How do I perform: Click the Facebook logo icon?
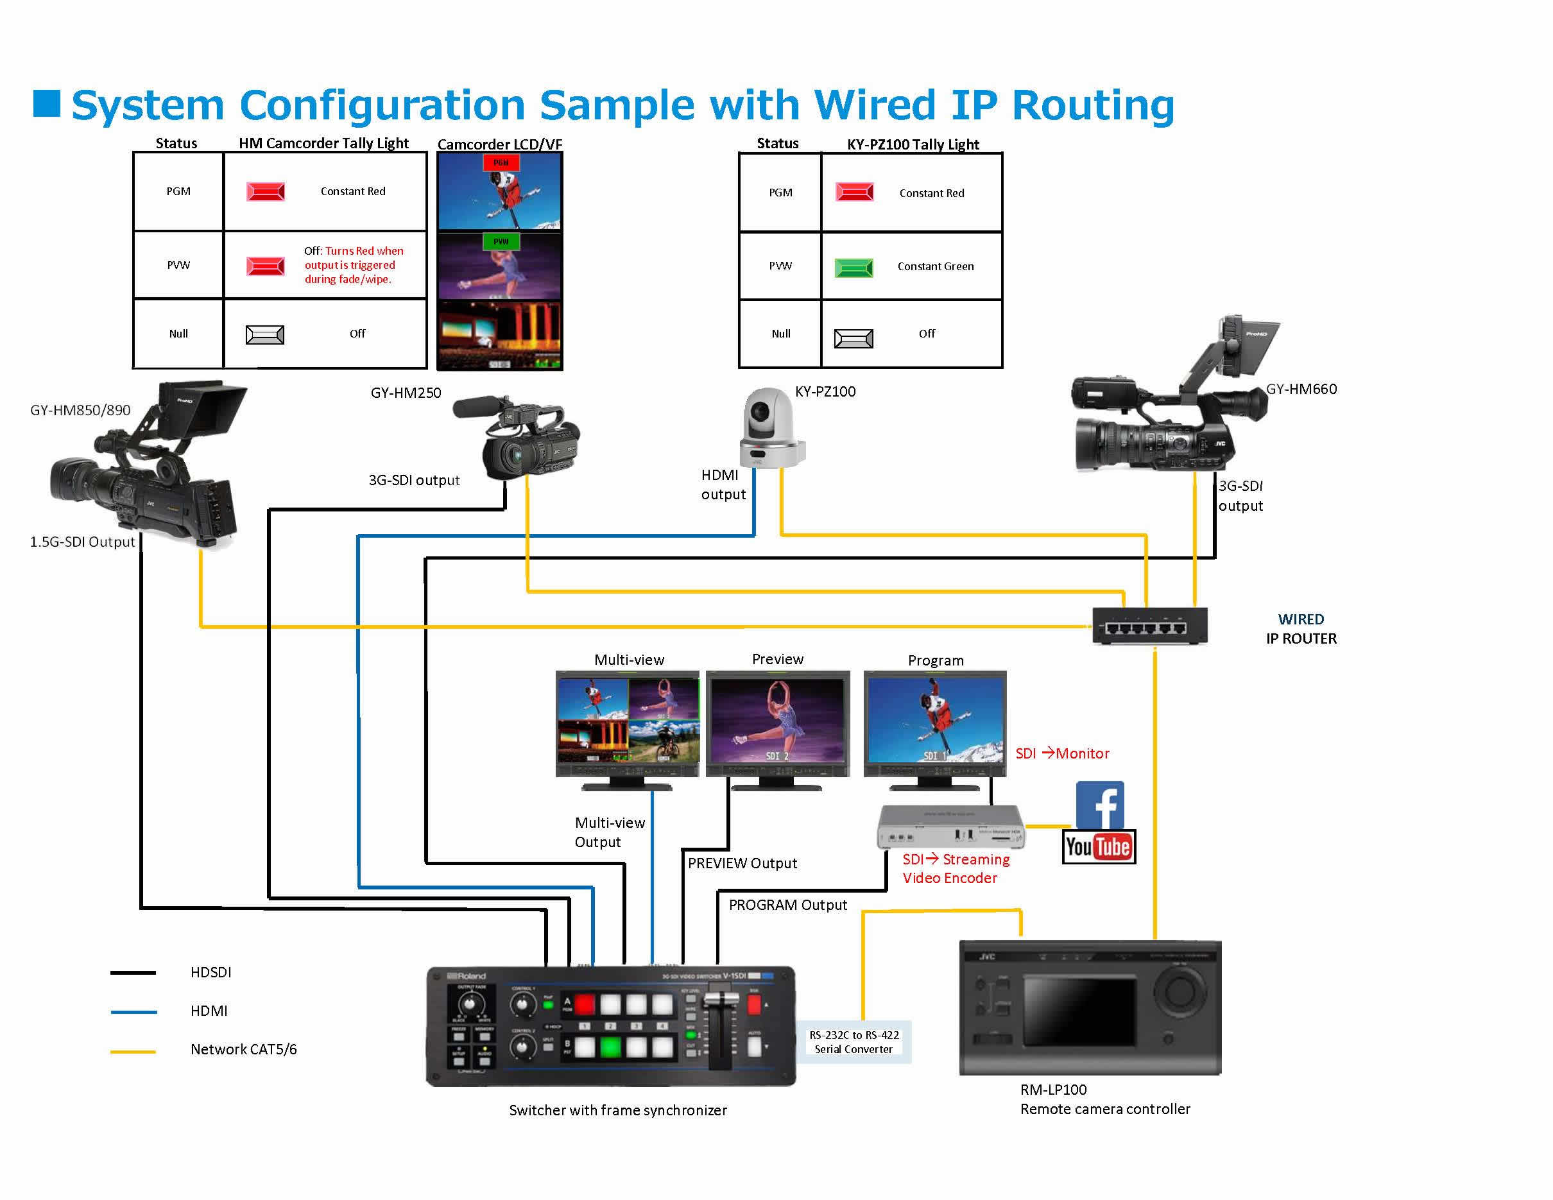1099,805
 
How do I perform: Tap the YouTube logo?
1099,846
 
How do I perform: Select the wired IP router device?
1149,626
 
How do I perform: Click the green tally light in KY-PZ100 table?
854,268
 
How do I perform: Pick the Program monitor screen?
935,719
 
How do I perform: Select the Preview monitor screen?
777,720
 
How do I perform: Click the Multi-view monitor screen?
628,720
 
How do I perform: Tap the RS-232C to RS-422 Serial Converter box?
854,1042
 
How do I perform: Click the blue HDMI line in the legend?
133,1011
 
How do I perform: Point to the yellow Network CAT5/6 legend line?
133,1051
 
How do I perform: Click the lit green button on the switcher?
610,1047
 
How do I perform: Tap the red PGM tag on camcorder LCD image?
501,163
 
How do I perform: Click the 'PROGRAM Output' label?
787,905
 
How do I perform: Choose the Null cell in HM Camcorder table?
178,334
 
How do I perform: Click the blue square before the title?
47,104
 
